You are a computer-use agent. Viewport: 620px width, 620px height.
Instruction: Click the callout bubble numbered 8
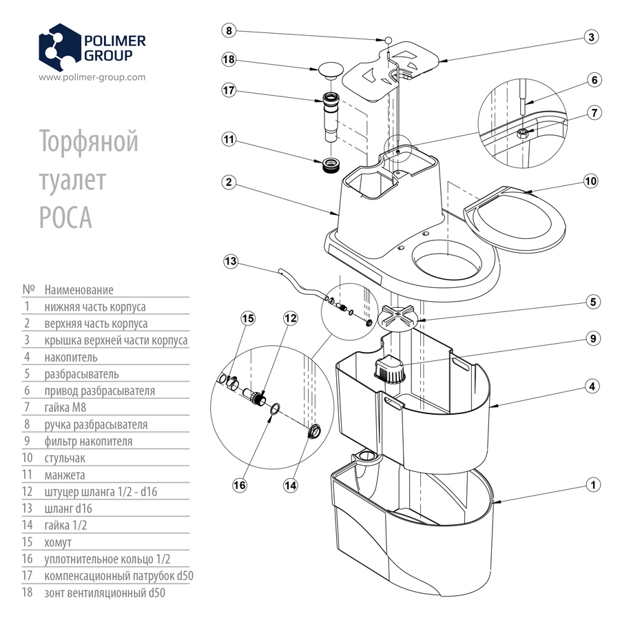[x=230, y=31]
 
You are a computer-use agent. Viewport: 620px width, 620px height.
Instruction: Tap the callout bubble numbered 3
[x=590, y=37]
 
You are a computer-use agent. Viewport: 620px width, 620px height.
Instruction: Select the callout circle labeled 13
[x=231, y=261]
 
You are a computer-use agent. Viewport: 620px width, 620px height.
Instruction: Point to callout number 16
[x=239, y=485]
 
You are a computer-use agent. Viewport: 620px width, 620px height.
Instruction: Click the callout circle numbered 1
[x=590, y=485]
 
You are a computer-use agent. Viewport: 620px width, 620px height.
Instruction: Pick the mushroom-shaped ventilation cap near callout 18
[x=331, y=69]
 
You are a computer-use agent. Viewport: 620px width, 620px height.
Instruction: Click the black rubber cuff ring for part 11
[x=332, y=165]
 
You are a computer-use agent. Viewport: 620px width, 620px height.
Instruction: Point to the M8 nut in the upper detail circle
[x=524, y=132]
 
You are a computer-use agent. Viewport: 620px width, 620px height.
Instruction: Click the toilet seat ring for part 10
[x=518, y=219]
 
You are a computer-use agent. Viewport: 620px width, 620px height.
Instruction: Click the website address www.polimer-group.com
[x=92, y=77]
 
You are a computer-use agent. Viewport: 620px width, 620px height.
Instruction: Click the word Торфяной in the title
[x=89, y=141]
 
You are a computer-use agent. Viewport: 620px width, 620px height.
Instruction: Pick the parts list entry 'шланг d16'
[x=68, y=508]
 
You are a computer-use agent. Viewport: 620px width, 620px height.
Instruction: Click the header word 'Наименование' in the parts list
[x=79, y=290]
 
